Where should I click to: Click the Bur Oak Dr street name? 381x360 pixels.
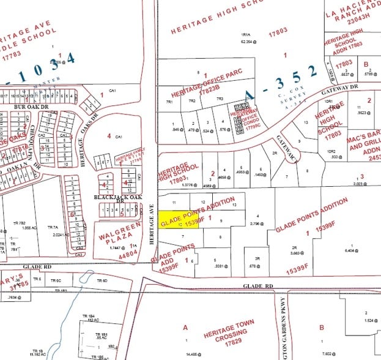pyautogui.click(x=27, y=106)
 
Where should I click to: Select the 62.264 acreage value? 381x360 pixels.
pyautogui.click(x=247, y=42)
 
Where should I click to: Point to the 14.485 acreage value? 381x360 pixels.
pyautogui.click(x=191, y=354)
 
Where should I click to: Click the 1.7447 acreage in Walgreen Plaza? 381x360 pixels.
pyautogui.click(x=114, y=247)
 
